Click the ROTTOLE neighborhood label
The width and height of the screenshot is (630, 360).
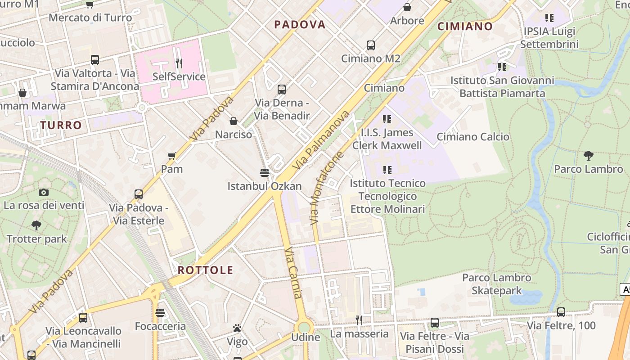click(x=206, y=270)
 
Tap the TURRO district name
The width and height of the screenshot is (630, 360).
click(x=61, y=125)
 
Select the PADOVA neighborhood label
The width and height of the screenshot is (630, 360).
click(x=300, y=25)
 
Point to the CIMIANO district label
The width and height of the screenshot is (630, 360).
click(x=465, y=26)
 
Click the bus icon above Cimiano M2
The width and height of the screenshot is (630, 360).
click(x=371, y=45)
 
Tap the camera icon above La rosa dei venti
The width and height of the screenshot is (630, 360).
click(x=44, y=193)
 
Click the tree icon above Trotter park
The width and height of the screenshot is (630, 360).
click(x=36, y=225)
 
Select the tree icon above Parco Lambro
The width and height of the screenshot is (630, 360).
click(x=588, y=156)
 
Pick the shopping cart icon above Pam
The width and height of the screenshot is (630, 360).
click(x=171, y=156)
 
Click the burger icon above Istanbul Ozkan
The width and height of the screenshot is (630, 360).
click(x=265, y=172)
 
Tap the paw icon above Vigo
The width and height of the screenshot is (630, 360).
click(x=237, y=328)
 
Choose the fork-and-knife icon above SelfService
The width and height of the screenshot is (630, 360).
click(x=179, y=63)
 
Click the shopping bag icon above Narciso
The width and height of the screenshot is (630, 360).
click(x=234, y=121)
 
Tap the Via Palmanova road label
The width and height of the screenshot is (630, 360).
click(x=321, y=140)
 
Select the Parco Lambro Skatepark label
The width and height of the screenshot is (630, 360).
click(x=497, y=284)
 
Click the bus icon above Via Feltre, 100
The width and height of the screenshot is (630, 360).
click(x=561, y=312)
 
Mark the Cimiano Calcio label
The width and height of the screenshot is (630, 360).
click(x=473, y=137)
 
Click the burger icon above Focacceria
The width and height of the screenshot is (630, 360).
click(x=160, y=313)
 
